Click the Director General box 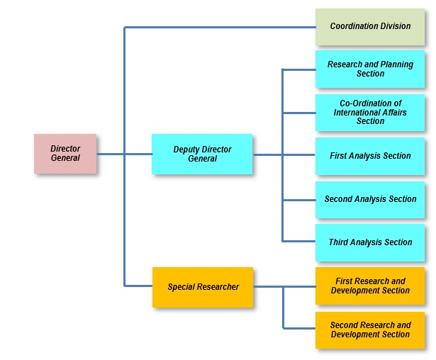(x=65, y=154)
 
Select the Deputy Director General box (x=202, y=154)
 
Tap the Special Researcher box (x=202, y=287)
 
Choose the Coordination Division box (x=370, y=27)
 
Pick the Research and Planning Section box (x=370, y=69)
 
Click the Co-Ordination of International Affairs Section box (x=370, y=112)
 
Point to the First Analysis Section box (x=370, y=156)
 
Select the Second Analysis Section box (x=370, y=199)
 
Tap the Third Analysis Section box (x=370, y=242)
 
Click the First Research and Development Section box (x=370, y=286)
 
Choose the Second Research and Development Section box (x=370, y=330)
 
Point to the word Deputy (x=188, y=150)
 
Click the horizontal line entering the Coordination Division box (x=220, y=28)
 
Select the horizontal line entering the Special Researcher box (x=138, y=286)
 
